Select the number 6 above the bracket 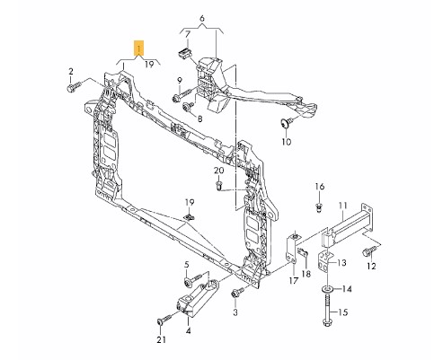tap(202, 19)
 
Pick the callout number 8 tap(199, 118)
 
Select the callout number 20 tap(218, 170)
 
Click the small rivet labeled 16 tap(319, 208)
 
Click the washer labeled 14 tap(324, 289)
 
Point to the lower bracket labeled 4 tap(190, 310)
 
